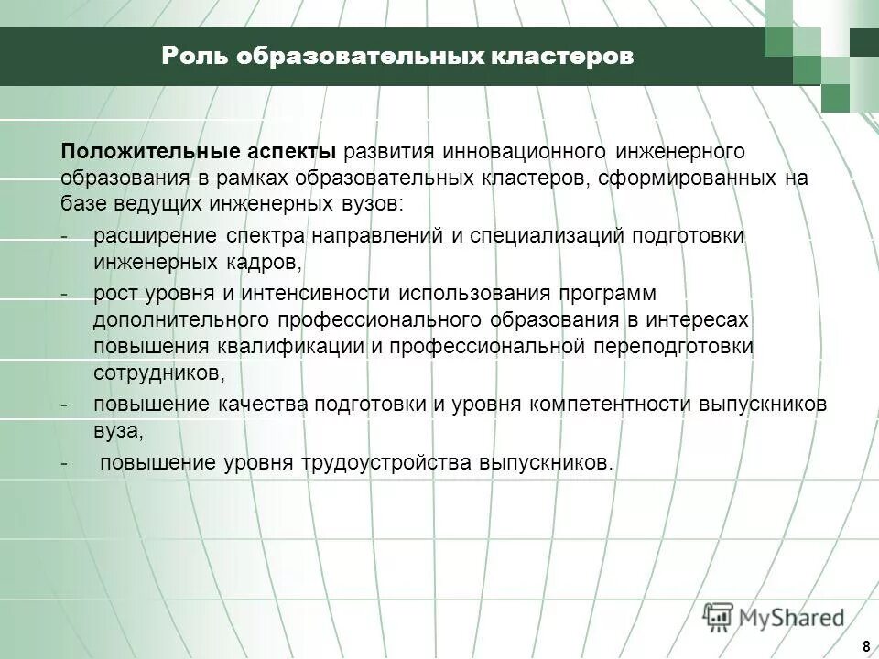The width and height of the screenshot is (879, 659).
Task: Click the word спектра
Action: pyautogui.click(x=266, y=236)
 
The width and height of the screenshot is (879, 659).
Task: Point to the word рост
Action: pyautogui.click(x=113, y=294)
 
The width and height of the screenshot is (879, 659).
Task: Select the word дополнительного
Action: pyautogui.click(x=179, y=319)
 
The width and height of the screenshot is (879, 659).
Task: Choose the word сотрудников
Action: pyautogui.click(x=157, y=373)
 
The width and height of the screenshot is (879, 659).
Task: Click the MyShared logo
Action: pyautogui.click(x=775, y=616)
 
